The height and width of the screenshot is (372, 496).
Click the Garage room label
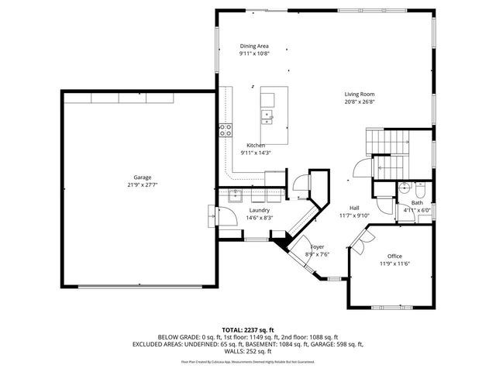142,177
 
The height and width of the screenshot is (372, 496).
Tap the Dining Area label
253,46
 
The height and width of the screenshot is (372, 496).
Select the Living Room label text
360,94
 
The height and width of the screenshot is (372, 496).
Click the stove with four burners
226,130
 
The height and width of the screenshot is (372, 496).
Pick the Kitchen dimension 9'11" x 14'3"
256,153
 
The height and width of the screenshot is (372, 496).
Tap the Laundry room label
259,210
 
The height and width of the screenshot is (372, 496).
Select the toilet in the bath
419,190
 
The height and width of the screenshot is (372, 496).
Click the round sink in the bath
404,188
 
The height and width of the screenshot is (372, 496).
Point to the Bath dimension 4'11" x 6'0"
417,210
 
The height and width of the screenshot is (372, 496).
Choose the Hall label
353,208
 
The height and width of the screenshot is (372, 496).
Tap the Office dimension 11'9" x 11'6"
394,263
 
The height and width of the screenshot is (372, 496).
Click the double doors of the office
358,242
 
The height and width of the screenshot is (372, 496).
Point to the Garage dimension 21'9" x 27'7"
142,184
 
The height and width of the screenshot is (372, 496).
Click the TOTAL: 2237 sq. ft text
249,329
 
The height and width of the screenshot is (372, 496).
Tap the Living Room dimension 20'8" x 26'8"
360,102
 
